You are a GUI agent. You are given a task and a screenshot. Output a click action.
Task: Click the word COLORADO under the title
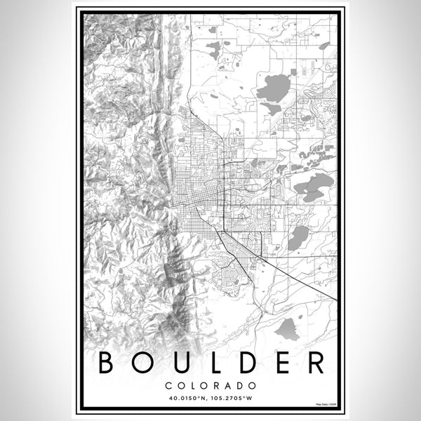click(x=210, y=386)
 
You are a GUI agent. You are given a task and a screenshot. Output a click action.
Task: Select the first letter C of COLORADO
click(x=169, y=386)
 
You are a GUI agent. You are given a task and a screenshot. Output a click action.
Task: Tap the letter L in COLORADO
click(x=192, y=386)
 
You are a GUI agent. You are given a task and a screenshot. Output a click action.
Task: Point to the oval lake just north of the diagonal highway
click(x=298, y=238)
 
